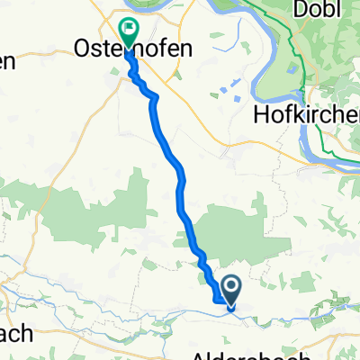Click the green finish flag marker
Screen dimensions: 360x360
[x=128, y=32]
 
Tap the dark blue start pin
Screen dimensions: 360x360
[x=231, y=290]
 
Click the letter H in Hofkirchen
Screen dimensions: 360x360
[x=263, y=114]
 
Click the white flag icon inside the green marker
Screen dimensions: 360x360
[x=129, y=28]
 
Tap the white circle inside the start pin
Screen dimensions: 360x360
[x=231, y=285]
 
